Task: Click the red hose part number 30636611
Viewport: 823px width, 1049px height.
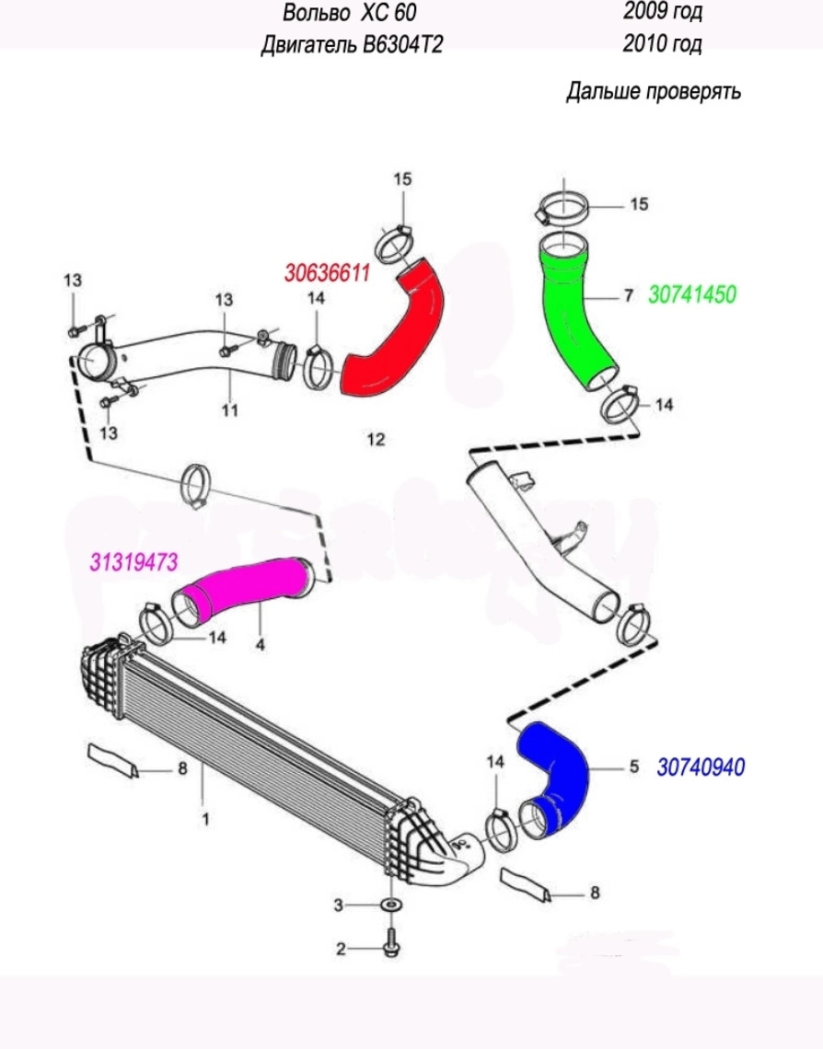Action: pyautogui.click(x=327, y=274)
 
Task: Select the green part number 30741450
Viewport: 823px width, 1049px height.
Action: pyautogui.click(x=692, y=294)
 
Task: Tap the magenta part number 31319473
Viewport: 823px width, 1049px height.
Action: pyautogui.click(x=133, y=561)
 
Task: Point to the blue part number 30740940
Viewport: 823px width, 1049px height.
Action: pyautogui.click(x=701, y=767)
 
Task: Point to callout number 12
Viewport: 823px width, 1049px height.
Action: pyautogui.click(x=375, y=439)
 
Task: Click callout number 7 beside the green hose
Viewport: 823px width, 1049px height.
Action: pyautogui.click(x=629, y=295)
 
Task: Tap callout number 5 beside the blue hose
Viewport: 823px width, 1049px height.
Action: pyautogui.click(x=633, y=767)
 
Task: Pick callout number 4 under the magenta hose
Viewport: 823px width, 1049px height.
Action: pyautogui.click(x=261, y=646)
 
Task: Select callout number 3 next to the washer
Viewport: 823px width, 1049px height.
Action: pyautogui.click(x=339, y=905)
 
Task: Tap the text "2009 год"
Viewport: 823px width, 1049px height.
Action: pyautogui.click(x=662, y=12)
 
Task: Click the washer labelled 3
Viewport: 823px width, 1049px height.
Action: pyautogui.click(x=388, y=905)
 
